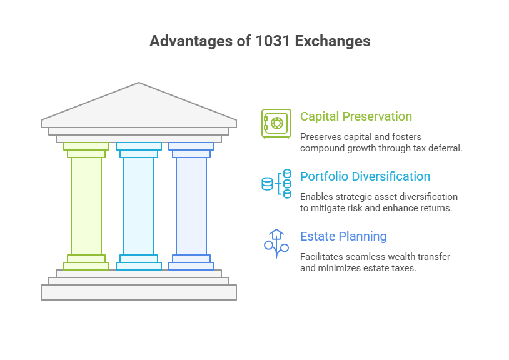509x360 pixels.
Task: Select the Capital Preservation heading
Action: [x=356, y=116]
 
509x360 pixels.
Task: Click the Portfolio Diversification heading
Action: [x=365, y=176]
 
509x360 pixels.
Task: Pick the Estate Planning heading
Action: [x=343, y=236]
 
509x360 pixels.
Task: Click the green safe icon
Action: [x=276, y=122]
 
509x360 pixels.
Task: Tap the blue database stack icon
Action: [x=276, y=183]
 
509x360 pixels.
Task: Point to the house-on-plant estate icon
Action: [x=276, y=243]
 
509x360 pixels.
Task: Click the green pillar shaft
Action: [x=86, y=206]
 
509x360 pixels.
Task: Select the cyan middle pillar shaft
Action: [x=139, y=206]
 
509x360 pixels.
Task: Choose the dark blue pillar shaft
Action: [x=191, y=206]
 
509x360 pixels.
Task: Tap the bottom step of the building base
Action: [x=139, y=292]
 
